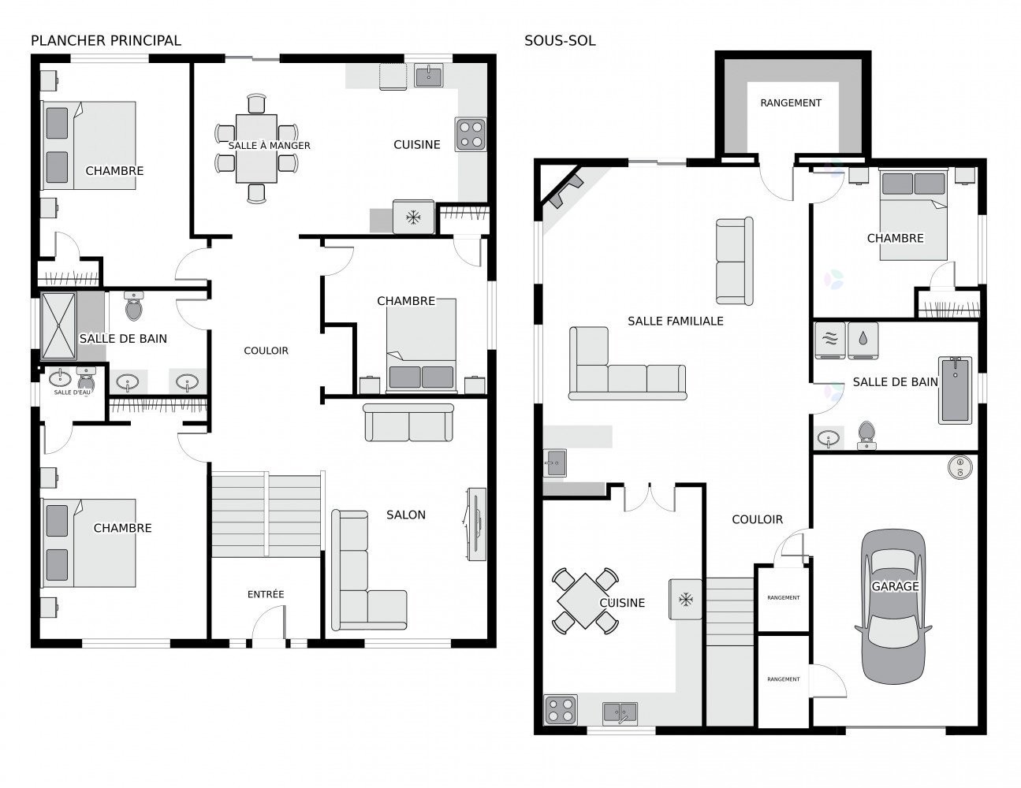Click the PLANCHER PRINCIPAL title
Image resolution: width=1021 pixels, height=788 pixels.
[106, 41]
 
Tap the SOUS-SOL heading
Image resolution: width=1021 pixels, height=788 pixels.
[560, 41]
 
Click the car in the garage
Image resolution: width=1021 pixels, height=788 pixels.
[892, 607]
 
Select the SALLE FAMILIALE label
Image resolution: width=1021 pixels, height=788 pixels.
[675, 322]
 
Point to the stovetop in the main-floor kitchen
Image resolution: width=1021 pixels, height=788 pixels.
[471, 134]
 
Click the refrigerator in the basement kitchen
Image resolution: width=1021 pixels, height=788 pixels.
[685, 599]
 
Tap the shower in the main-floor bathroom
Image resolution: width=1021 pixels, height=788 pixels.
[58, 326]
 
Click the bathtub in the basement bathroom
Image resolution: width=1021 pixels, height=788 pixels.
[955, 390]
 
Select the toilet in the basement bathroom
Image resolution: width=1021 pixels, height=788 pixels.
[866, 435]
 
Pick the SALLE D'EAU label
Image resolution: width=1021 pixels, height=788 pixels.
[72, 392]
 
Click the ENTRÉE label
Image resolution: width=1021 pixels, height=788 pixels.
[266, 594]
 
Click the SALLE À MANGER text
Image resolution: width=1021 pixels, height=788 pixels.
[269, 146]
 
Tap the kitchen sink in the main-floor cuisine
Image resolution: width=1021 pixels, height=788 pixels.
[429, 76]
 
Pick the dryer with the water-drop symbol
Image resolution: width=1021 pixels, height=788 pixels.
[863, 340]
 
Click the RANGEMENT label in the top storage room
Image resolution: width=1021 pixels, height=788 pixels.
[791, 103]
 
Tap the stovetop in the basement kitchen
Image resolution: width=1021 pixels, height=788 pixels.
[561, 709]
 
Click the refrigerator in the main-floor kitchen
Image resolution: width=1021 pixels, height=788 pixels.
[413, 217]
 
